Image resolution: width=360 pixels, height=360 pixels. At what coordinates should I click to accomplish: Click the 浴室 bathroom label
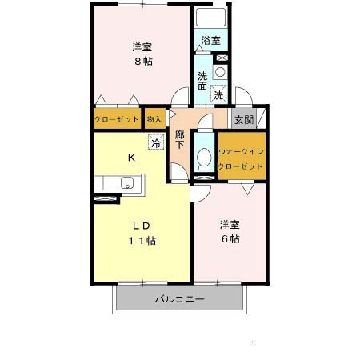point(210,41)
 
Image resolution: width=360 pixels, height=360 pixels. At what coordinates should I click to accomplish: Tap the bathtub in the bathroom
point(210,18)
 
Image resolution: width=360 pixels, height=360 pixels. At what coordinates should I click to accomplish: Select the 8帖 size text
point(143,62)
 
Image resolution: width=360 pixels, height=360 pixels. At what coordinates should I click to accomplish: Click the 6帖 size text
point(230,239)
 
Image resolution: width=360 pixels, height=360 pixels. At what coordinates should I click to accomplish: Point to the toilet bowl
point(205,159)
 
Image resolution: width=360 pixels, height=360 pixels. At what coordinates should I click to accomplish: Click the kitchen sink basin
point(127,183)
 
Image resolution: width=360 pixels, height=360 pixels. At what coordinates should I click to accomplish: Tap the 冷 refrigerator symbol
point(156,142)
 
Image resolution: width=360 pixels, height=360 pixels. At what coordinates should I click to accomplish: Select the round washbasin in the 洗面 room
point(220,72)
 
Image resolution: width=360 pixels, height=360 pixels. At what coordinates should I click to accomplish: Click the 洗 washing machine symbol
point(218,94)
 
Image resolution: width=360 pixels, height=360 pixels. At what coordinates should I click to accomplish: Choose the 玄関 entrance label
point(244,119)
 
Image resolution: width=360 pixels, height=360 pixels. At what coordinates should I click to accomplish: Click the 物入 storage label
point(154,119)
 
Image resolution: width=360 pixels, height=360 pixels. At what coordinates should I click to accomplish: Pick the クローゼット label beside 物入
point(117,119)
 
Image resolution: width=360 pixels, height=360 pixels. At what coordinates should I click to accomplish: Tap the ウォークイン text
point(242,151)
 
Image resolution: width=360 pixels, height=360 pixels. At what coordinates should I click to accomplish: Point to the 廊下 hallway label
point(179,139)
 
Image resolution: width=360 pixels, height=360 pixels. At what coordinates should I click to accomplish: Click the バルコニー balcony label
point(180,299)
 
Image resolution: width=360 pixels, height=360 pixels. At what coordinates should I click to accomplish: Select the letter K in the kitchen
point(131,158)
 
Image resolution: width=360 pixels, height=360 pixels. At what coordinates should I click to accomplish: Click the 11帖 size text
point(142,241)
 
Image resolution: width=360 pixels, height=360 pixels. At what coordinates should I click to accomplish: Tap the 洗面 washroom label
point(202,81)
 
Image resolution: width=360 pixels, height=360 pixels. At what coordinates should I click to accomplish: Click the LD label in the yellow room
point(142,226)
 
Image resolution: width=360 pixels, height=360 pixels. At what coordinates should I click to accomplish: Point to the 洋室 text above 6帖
point(230,225)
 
